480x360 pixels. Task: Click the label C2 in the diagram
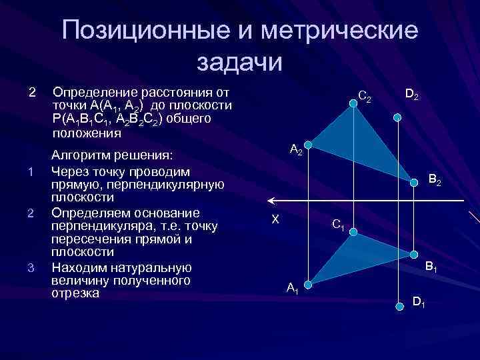pyautogui.click(x=365, y=97)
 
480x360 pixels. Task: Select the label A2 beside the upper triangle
pyautogui.click(x=296, y=150)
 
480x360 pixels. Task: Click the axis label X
pyautogui.click(x=275, y=218)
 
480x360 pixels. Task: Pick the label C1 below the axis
pyautogui.click(x=338, y=225)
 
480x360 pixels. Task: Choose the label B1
pyautogui.click(x=431, y=267)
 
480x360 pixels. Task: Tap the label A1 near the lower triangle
pyautogui.click(x=292, y=288)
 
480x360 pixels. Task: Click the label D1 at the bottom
pyautogui.click(x=419, y=302)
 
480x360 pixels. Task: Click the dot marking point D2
pyautogui.click(x=397, y=117)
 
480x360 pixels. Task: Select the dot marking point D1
pyautogui.click(x=399, y=306)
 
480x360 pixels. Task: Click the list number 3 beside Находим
pyautogui.click(x=31, y=268)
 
